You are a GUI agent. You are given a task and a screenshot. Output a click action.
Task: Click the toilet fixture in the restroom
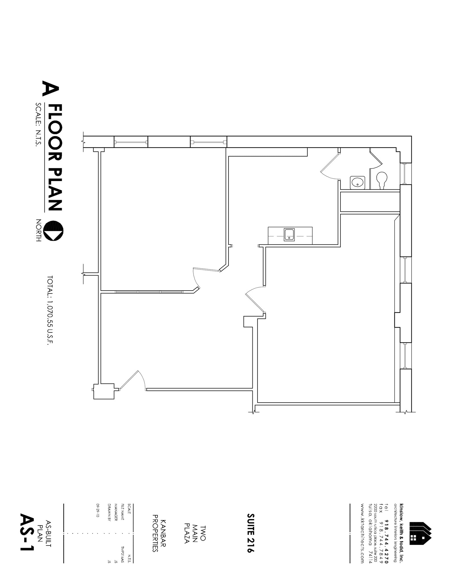(381, 180)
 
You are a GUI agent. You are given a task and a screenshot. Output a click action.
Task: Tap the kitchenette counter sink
(289, 235)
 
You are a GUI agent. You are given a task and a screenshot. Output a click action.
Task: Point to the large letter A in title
(51, 88)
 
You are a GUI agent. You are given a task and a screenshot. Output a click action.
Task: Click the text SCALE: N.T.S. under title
(38, 125)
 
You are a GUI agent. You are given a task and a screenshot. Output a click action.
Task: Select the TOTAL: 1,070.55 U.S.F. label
(50, 310)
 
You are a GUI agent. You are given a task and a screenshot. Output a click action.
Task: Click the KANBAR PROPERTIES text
(159, 533)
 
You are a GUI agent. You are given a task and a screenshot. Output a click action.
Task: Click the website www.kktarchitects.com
(362, 533)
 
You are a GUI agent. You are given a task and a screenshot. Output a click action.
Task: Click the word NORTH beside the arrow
(38, 230)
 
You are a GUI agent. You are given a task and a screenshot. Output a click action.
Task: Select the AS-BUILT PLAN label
(45, 533)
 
